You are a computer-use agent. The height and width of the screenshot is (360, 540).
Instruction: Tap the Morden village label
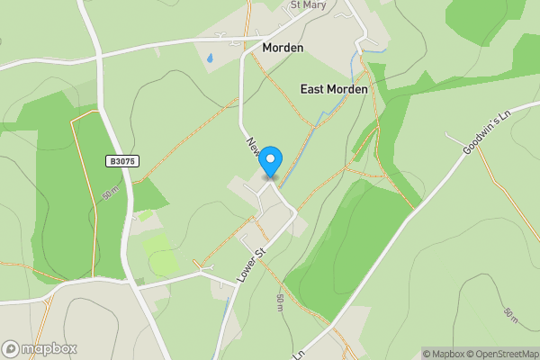[283, 47]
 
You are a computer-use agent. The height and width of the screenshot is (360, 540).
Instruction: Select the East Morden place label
[333, 90]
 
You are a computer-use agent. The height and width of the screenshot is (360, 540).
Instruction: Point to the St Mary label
[307, 4]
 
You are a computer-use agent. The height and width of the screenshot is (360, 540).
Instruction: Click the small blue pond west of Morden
[210, 58]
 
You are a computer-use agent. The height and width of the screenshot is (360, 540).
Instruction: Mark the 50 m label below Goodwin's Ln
[511, 315]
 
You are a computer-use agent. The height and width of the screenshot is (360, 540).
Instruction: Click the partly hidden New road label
[253, 146]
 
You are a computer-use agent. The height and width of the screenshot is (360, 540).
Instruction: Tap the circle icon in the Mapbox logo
[11, 348]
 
